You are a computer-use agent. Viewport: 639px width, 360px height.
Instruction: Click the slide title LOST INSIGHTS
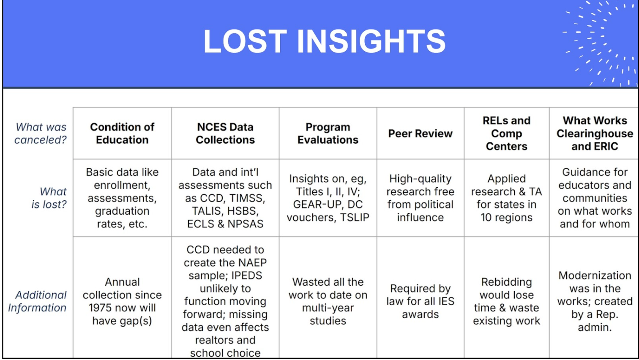(x=324, y=41)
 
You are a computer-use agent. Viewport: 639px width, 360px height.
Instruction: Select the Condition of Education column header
(x=122, y=133)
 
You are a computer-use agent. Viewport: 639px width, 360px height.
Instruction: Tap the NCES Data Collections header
(x=225, y=133)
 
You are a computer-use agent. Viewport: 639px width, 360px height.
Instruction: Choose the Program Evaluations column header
(x=328, y=133)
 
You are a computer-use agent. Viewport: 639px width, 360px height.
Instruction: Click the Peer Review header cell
(x=420, y=134)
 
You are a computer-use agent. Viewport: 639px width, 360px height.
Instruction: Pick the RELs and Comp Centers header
(x=506, y=133)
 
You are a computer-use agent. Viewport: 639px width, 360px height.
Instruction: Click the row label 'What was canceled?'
(x=41, y=133)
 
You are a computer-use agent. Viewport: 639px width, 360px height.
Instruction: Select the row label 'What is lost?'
(x=49, y=198)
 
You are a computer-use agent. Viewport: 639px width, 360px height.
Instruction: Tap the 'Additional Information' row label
(x=37, y=301)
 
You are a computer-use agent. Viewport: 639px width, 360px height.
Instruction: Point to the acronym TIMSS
(x=247, y=198)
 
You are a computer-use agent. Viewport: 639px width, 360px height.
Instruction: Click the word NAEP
(x=253, y=262)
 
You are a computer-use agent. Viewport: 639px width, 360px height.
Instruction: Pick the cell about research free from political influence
(x=420, y=198)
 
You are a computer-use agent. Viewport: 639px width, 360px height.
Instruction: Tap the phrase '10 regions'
(x=506, y=217)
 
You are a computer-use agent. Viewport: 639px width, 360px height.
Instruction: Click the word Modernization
(x=595, y=275)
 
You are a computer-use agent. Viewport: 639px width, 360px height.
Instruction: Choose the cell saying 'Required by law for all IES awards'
(x=420, y=301)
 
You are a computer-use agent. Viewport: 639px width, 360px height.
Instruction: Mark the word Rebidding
(x=506, y=282)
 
